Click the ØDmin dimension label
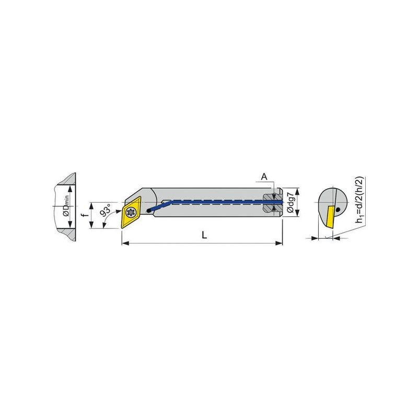pyautogui.click(x=66, y=206)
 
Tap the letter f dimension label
pyautogui.click(x=85, y=215)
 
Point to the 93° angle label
pyautogui.click(x=105, y=211)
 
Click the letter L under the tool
pyautogui.click(x=204, y=235)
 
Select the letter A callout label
pyautogui.click(x=264, y=177)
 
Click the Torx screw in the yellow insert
pyautogui.click(x=131, y=213)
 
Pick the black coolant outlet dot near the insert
pyautogui.click(x=149, y=211)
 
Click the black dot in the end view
pyautogui.click(x=338, y=210)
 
